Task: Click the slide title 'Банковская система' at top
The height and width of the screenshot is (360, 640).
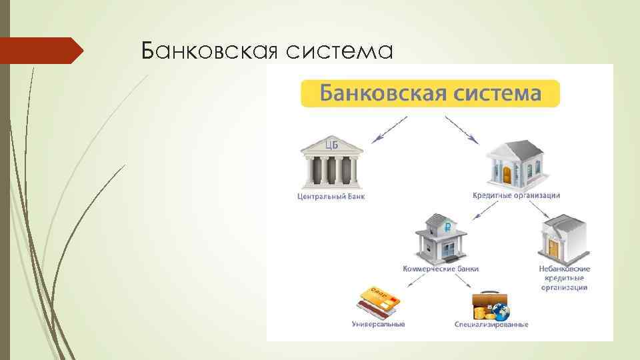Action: coord(267,50)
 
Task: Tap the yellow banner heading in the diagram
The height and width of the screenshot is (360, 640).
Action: coord(430,93)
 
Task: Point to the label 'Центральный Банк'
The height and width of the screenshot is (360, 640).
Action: coord(331,197)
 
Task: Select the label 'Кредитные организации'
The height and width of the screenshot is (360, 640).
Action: coord(516,195)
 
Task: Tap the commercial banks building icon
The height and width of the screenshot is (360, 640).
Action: coord(441,237)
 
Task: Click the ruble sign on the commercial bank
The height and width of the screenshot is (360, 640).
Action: coord(448,227)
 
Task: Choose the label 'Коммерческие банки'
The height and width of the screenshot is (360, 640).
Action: coord(441,269)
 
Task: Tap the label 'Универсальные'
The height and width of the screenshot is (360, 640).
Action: coord(378,325)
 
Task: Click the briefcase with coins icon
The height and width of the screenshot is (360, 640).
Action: coord(490,307)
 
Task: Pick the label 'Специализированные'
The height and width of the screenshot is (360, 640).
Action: coord(491,325)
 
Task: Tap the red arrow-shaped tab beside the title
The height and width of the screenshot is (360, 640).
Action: coord(40,51)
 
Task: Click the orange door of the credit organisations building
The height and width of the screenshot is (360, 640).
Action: coord(507,175)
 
